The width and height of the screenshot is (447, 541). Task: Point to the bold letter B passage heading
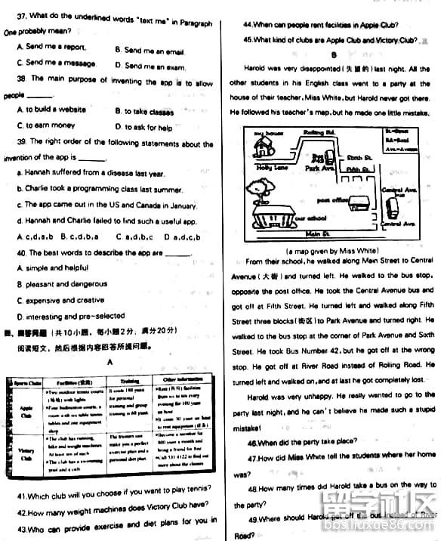pyautogui.click(x=332, y=55)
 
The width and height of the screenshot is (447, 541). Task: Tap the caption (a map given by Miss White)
pyautogui.click(x=332, y=250)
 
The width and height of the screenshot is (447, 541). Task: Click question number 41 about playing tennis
pyautogui.click(x=22, y=496)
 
